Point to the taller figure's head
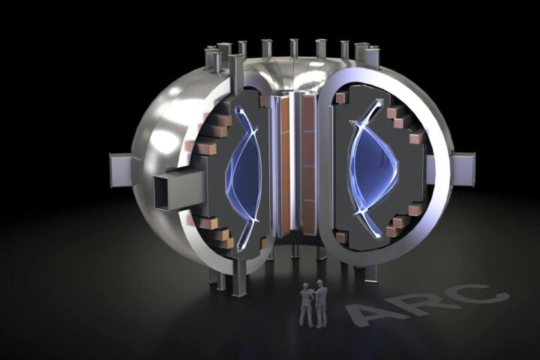point(320,283)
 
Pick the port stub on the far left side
point(121,170)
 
